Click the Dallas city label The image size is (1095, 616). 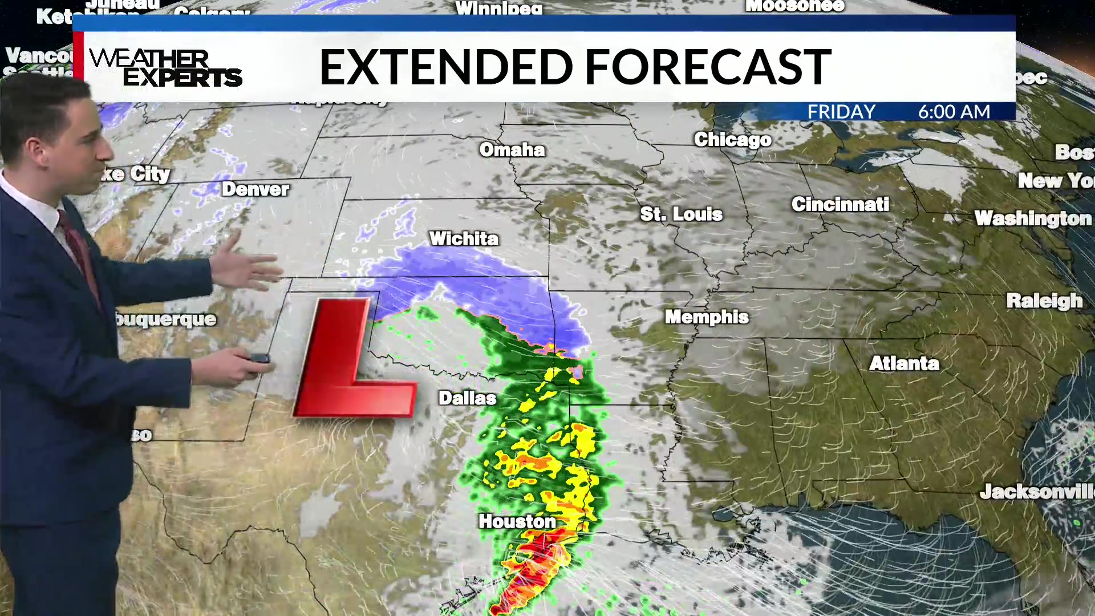coord(467,398)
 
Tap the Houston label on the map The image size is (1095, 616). coord(517,521)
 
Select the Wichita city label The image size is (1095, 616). coord(464,238)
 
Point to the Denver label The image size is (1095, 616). coord(255,189)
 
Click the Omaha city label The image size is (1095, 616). coord(512,150)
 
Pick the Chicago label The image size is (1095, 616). coord(732,140)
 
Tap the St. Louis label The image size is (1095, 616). coord(681,214)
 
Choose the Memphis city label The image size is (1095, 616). coord(707,317)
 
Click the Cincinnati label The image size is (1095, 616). coord(840,205)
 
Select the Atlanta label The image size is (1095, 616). coord(904,363)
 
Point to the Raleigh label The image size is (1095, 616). coord(1044,301)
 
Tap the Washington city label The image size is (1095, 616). coord(1033,218)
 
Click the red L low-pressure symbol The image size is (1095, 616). coord(348,365)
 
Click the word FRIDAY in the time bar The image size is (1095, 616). coord(841,112)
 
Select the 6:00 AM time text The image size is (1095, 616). coord(954,112)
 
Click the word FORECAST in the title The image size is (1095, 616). coord(708,67)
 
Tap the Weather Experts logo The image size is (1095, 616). coord(165,67)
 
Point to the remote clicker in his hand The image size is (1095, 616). coord(259,359)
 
